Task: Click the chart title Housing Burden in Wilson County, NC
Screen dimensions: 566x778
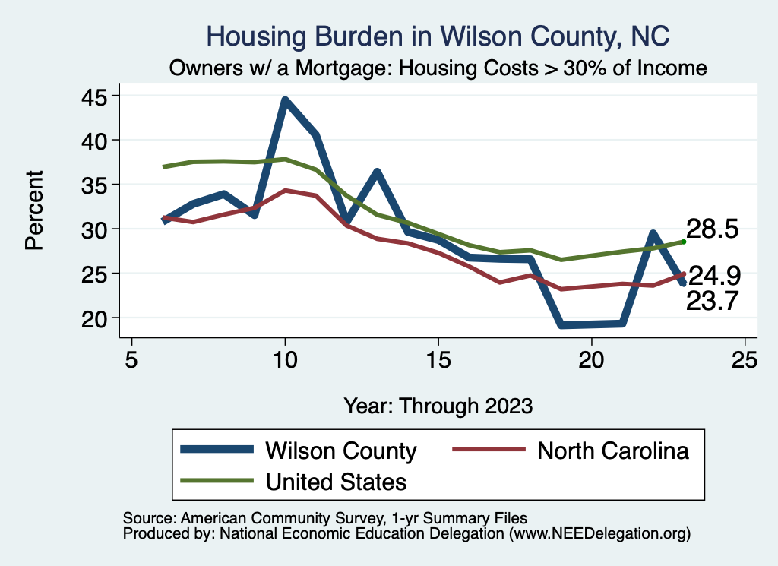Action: tap(438, 36)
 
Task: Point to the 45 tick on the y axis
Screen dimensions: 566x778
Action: tap(96, 96)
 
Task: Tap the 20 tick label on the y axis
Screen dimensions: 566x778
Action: tap(96, 318)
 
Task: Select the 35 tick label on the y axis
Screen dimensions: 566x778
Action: tap(96, 185)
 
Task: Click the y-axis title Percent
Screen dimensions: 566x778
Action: tap(34, 210)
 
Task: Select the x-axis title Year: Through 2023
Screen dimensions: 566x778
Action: tap(438, 405)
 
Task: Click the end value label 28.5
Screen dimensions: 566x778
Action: tap(713, 229)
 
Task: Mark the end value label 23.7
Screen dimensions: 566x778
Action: tap(713, 302)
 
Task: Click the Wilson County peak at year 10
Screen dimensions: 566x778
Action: tap(285, 100)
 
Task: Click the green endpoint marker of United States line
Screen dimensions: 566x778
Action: tap(684, 242)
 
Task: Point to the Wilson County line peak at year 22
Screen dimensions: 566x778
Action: tap(653, 233)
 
